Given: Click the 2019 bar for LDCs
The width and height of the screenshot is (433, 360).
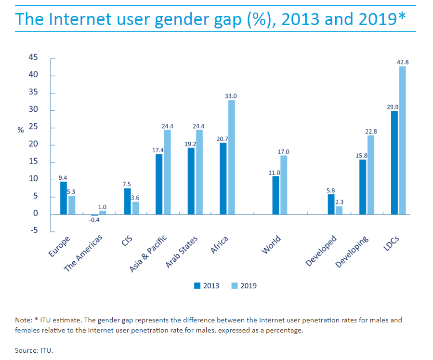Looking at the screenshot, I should pyautogui.click(x=402, y=140).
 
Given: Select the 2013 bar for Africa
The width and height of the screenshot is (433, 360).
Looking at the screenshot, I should pyautogui.click(x=223, y=178).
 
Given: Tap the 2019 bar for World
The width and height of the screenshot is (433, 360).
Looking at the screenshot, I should pyautogui.click(x=284, y=185).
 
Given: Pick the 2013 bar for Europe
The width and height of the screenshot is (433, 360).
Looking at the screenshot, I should pyautogui.click(x=63, y=198).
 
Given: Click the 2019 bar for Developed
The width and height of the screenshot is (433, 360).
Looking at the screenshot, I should pyautogui.click(x=339, y=210).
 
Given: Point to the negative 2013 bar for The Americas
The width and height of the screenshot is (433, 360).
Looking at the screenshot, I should pyautogui.click(x=94, y=215).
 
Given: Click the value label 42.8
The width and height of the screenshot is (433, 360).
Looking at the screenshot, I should pyautogui.click(x=403, y=62).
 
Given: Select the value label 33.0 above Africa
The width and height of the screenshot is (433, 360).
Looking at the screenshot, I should pyautogui.click(x=231, y=96).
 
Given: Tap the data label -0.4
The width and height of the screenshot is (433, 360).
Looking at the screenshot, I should pyautogui.click(x=94, y=220).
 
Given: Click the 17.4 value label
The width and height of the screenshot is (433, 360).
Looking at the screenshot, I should pyautogui.click(x=159, y=150).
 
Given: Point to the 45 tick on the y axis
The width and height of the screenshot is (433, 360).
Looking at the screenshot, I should pyautogui.click(x=33, y=58).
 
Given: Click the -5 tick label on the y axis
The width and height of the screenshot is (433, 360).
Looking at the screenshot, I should pyautogui.click(x=33, y=231).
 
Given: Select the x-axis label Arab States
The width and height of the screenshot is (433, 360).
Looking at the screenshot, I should pyautogui.click(x=180, y=253).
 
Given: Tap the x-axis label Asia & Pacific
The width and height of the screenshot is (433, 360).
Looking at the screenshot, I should pyautogui.click(x=148, y=253).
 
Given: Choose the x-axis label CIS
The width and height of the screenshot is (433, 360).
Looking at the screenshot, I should pyautogui.click(x=127, y=241).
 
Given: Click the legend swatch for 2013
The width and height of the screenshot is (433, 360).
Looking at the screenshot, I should pyautogui.click(x=197, y=285).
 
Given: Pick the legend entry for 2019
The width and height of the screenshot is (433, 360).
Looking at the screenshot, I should pyautogui.click(x=244, y=286).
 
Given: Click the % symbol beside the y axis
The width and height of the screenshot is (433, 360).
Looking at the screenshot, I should pyautogui.click(x=21, y=130).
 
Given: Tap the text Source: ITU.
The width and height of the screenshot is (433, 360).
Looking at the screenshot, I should pyautogui.click(x=34, y=350).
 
